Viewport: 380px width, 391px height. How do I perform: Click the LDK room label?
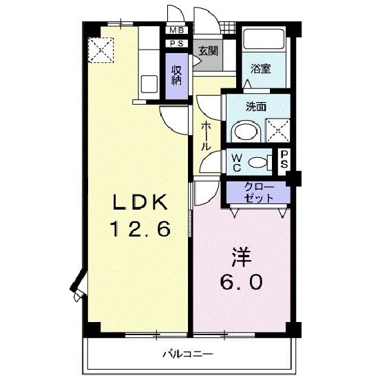[x=140, y=203]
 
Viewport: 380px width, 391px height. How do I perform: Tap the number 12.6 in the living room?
[x=141, y=229]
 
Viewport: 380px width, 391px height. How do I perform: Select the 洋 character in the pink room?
[x=240, y=257]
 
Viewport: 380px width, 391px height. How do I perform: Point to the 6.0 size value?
[x=241, y=282]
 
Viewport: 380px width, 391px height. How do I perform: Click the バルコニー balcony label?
[x=187, y=354]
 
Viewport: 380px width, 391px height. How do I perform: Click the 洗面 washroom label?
[x=256, y=107]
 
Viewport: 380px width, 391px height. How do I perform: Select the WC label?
[x=235, y=162]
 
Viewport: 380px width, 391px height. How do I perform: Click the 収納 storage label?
[x=177, y=74]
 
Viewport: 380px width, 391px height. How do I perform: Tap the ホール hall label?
[x=206, y=137]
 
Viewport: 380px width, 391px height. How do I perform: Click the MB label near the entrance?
[x=177, y=30]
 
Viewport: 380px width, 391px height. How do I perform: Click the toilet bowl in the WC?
[x=258, y=163]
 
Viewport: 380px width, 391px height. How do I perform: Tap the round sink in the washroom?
[x=242, y=131]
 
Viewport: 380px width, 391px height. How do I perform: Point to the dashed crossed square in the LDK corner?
[x=101, y=49]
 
